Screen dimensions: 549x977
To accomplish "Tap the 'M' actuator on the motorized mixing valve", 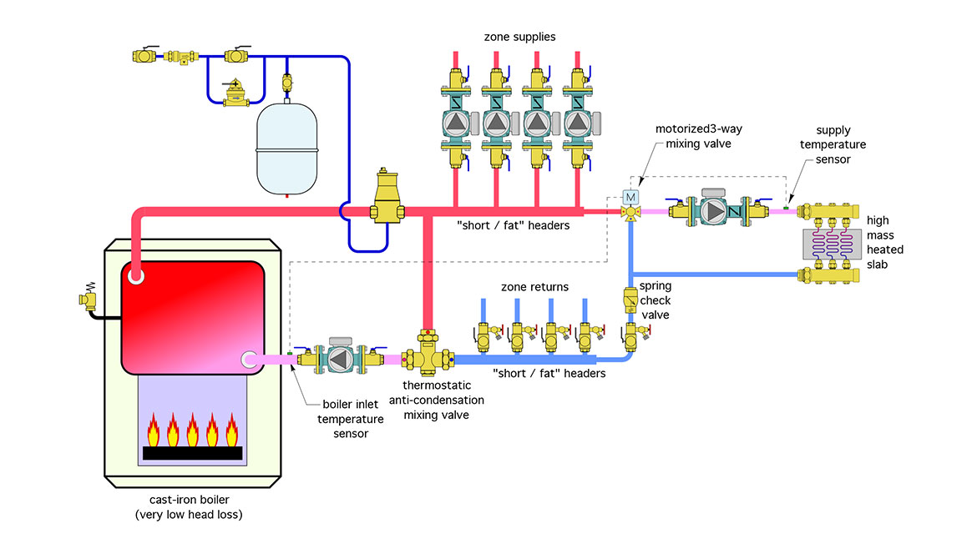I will click(630, 197).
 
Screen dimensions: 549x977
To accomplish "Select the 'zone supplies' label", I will click(519, 37).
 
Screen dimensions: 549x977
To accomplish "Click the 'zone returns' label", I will click(534, 287).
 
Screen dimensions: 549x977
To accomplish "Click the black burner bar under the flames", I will click(192, 453).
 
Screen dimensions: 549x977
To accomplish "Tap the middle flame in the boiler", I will click(192, 431).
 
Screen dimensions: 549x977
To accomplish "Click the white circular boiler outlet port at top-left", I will click(135, 276).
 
